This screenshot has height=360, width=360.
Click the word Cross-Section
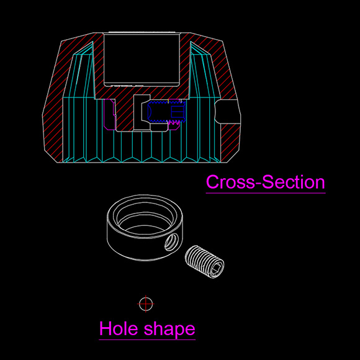coord(266,182)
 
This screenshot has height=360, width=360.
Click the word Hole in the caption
coord(119,328)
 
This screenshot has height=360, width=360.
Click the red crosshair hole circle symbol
coord(146,304)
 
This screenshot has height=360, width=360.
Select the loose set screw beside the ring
coord(204,262)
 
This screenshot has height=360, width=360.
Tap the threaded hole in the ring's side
coord(171,242)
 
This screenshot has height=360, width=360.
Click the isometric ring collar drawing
coord(145,228)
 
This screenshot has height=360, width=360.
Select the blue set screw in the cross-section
coord(166,111)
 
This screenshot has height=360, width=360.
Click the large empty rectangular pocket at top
coord(142,60)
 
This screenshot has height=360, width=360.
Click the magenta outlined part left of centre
coord(110,114)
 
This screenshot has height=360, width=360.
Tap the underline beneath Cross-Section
coord(266,193)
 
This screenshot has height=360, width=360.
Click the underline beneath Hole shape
coord(147,340)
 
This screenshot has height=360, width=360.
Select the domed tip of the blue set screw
coord(150,111)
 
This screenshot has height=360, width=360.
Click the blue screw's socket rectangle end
coord(178,111)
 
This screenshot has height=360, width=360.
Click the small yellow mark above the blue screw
coord(169,101)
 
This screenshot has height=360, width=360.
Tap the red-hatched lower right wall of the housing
coord(230,142)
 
